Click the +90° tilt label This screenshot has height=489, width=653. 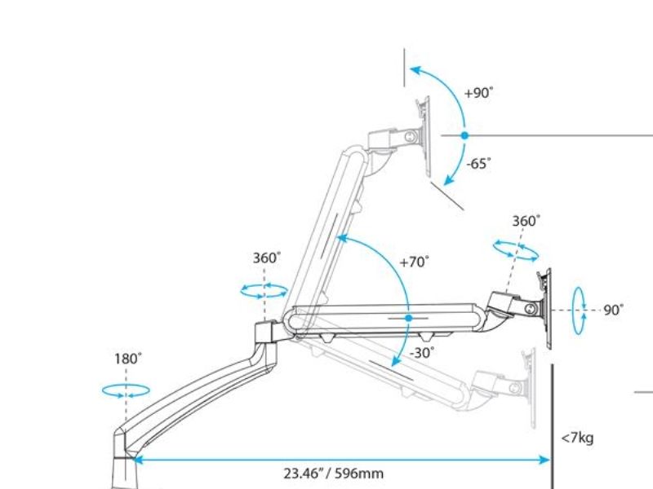tap(478, 92)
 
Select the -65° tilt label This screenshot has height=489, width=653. tap(478, 164)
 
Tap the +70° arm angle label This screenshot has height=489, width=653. tap(414, 262)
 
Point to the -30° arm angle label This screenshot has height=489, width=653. tap(422, 353)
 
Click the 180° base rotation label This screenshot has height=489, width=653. tap(128, 359)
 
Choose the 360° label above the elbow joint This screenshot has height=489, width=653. tap(267, 258)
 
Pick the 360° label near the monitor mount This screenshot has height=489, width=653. tap(526, 221)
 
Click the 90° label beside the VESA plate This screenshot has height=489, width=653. tap(614, 311)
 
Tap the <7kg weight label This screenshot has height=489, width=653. tap(577, 438)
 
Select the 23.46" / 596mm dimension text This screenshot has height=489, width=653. tap(334, 474)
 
